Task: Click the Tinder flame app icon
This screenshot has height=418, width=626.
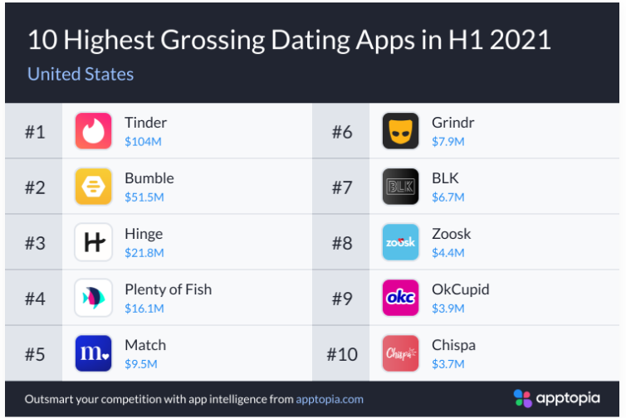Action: pyautogui.click(x=93, y=131)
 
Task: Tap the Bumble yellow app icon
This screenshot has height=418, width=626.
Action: pyautogui.click(x=93, y=187)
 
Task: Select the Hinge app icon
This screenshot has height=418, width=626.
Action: pyautogui.click(x=93, y=242)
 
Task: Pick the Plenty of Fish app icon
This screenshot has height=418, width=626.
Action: pyautogui.click(x=93, y=298)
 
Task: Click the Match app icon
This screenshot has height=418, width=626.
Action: pyautogui.click(x=93, y=353)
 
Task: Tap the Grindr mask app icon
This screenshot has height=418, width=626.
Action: pyautogui.click(x=400, y=131)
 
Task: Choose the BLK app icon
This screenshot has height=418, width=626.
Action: pyautogui.click(x=400, y=187)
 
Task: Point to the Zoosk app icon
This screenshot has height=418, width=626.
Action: pyautogui.click(x=400, y=242)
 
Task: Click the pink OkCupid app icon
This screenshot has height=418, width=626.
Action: pyautogui.click(x=400, y=298)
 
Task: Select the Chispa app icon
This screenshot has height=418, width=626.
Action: pyautogui.click(x=400, y=353)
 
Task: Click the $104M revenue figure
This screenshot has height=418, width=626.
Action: pyautogui.click(x=143, y=142)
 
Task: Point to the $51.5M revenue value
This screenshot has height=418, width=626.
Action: pyautogui.click(x=144, y=197)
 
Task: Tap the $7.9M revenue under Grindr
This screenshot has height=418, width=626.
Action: pyautogui.click(x=448, y=142)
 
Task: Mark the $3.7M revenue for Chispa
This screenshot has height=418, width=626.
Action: pyautogui.click(x=448, y=364)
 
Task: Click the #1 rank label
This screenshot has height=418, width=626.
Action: pyautogui.click(x=34, y=131)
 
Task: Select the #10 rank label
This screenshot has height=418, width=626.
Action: pyautogui.click(x=341, y=354)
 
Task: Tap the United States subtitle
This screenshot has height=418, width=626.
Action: pyautogui.click(x=81, y=74)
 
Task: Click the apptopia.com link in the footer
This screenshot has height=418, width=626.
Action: pyautogui.click(x=330, y=399)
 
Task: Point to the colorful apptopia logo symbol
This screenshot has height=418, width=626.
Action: pyautogui.click(x=521, y=398)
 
